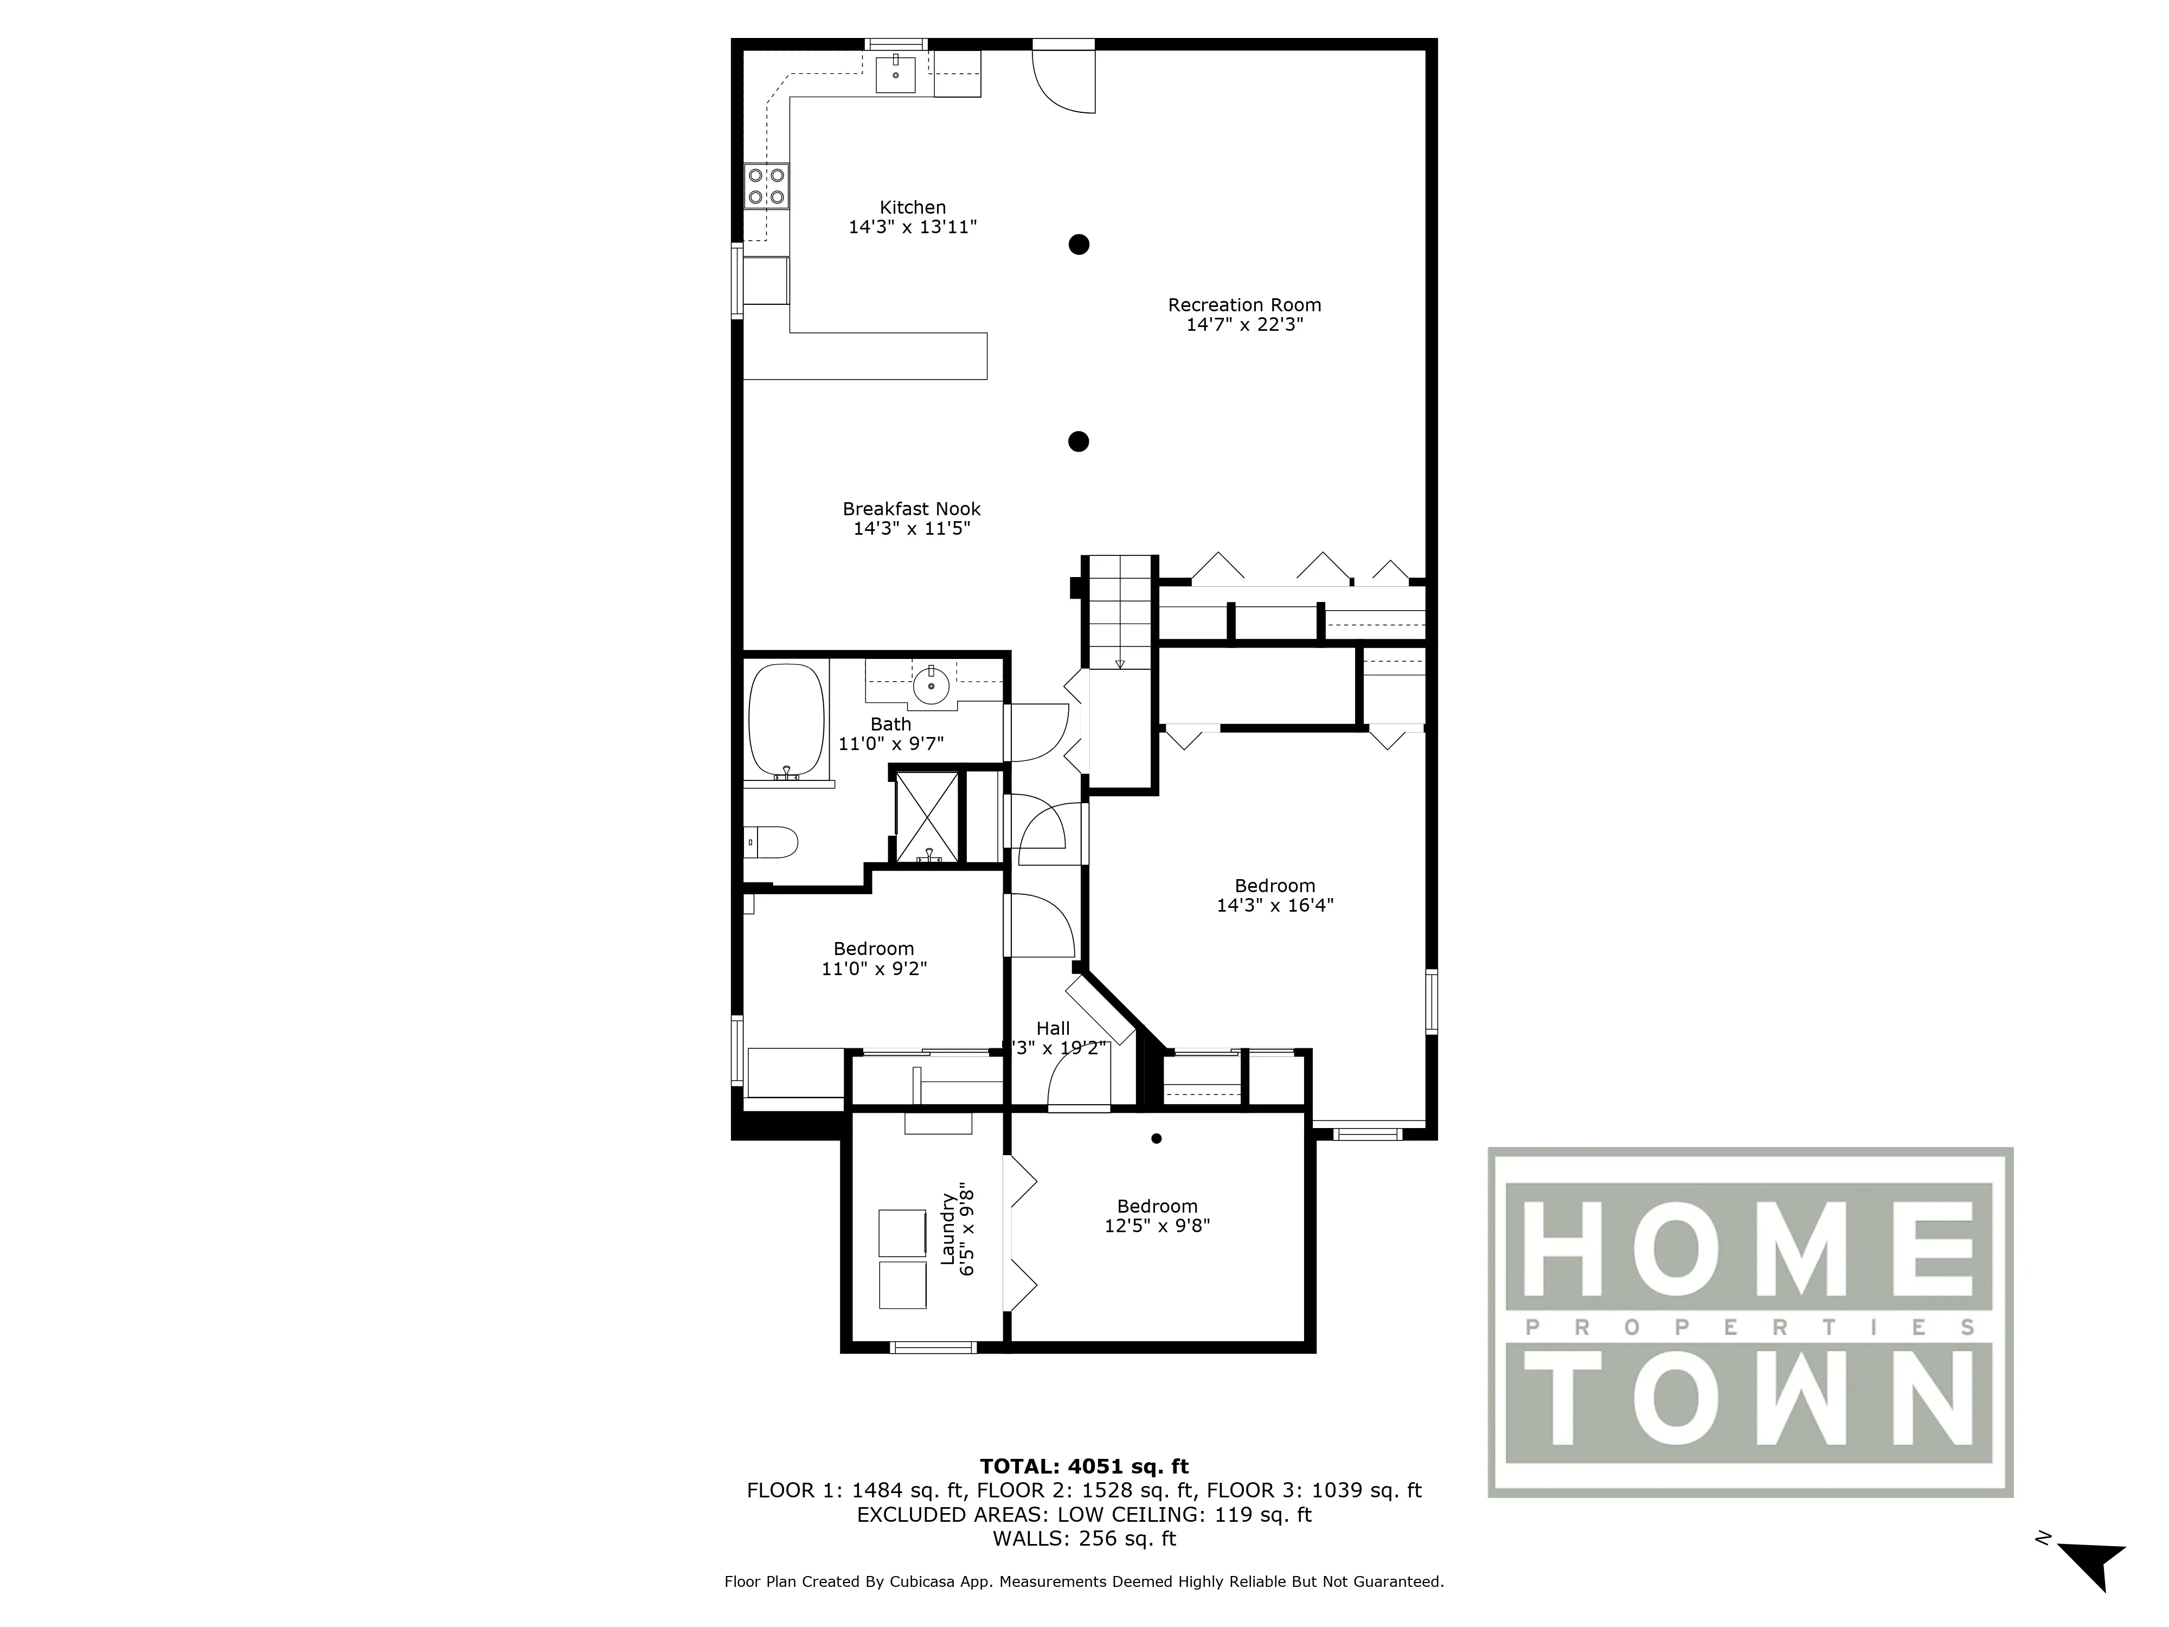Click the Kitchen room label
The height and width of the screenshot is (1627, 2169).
point(912,207)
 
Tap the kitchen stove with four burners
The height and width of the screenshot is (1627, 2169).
point(767,187)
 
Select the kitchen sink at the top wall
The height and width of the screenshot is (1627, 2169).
point(895,74)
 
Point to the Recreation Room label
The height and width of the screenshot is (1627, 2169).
point(1243,305)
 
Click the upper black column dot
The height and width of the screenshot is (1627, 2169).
point(1079,244)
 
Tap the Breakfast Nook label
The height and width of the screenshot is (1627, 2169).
point(911,509)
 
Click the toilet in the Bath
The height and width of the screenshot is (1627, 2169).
point(775,842)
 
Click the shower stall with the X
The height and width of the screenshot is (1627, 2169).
point(927,817)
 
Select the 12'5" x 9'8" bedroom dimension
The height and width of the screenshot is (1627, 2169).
point(1157,1226)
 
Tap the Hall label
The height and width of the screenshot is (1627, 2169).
point(1053,1028)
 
